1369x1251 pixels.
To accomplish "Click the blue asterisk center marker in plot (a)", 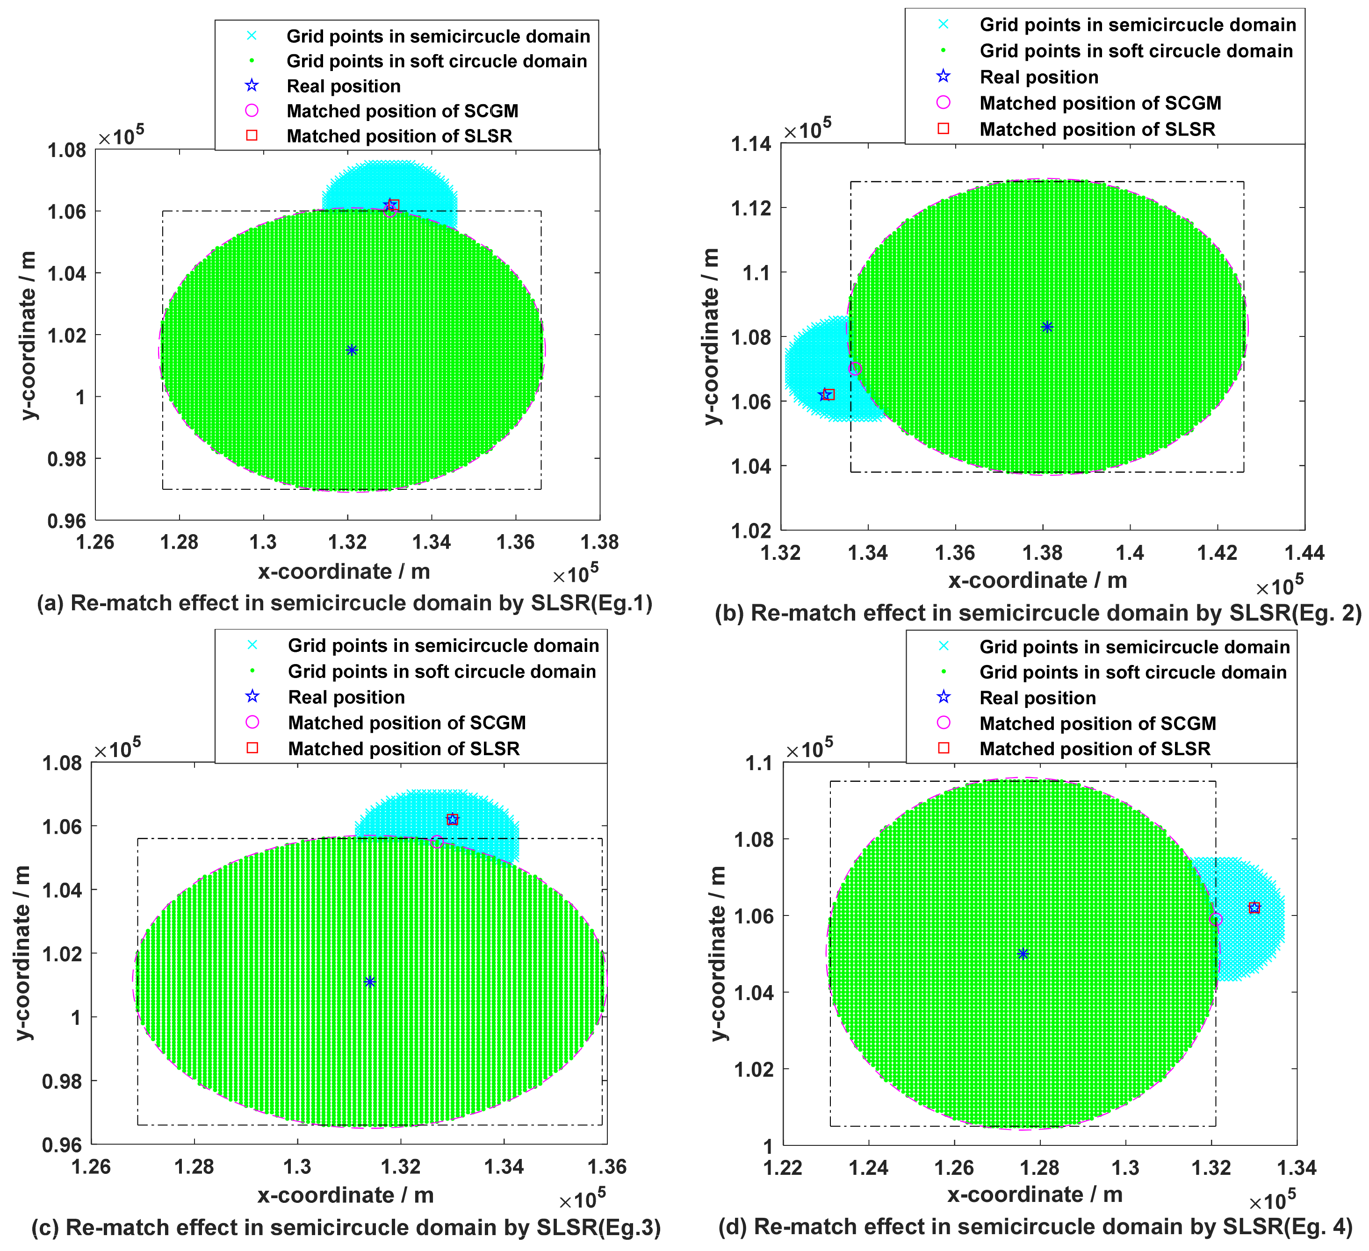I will [x=352, y=350].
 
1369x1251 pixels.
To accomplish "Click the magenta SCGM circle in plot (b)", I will [x=855, y=369].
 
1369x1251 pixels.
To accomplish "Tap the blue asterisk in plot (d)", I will [x=1023, y=954].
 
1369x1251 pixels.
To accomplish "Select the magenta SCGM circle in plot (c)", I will [x=437, y=842].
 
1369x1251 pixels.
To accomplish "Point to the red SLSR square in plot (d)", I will [x=1254, y=908].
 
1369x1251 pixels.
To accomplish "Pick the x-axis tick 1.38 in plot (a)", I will [x=599, y=543].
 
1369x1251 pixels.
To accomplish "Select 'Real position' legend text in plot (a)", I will [x=344, y=86].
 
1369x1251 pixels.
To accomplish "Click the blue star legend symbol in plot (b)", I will [x=943, y=77].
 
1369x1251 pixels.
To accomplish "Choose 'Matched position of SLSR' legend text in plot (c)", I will [x=403, y=749].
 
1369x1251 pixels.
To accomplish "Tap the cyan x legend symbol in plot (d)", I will [x=943, y=646].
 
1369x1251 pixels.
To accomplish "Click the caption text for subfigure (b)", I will [x=1038, y=613].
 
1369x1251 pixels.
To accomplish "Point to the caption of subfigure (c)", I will [x=346, y=1227].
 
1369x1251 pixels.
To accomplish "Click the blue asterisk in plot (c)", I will [x=369, y=981].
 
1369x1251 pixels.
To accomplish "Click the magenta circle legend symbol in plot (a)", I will [x=252, y=111].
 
